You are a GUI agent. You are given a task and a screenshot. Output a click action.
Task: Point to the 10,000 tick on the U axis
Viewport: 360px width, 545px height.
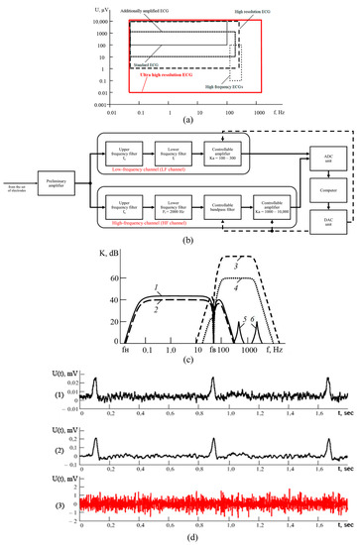[x=110, y=21]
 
